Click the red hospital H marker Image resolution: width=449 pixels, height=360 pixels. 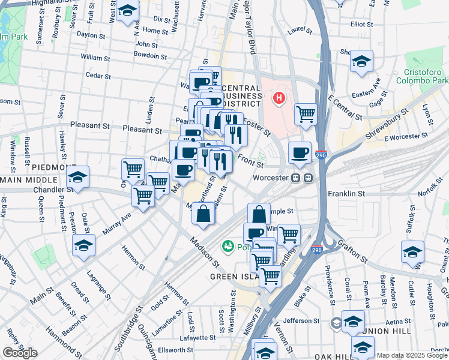(x=279, y=97)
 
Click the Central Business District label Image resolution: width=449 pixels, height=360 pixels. (x=241, y=95)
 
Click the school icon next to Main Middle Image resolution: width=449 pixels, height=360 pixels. (x=78, y=177)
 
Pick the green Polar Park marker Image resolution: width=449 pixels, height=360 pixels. (x=228, y=245)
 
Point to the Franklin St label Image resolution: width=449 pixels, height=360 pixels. (x=346, y=194)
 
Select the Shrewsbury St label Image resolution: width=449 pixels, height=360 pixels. (x=385, y=124)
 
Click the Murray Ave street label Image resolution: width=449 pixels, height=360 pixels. (x=117, y=223)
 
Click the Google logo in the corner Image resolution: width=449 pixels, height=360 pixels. (x=20, y=353)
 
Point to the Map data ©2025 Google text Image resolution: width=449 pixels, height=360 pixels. (x=412, y=355)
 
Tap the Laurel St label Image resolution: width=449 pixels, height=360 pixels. (x=300, y=29)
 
